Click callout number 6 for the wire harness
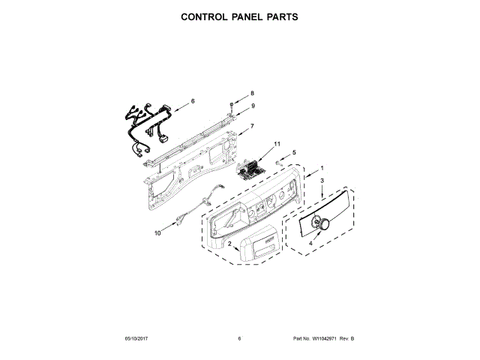193,100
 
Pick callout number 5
294,152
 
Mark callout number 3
322,181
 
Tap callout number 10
157,233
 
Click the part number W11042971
325,339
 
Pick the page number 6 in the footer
239,339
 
